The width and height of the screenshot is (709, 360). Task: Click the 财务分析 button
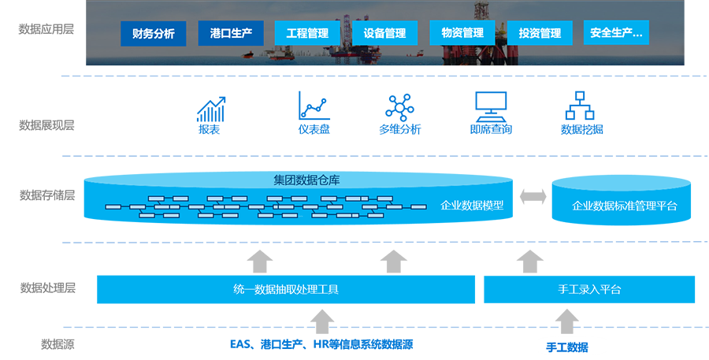point(154,34)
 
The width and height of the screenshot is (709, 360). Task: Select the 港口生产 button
point(231,33)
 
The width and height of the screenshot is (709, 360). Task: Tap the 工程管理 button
point(307,33)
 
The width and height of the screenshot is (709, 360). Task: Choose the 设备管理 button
point(384,33)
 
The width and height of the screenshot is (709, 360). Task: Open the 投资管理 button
point(540,33)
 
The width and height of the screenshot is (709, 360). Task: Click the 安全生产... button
point(616,33)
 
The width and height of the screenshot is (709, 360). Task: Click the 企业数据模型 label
point(472,206)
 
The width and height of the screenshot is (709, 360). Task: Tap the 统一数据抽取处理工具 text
point(286,289)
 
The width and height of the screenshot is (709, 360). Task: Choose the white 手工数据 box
point(567,347)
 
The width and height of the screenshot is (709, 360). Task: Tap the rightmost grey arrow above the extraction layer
point(523,259)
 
